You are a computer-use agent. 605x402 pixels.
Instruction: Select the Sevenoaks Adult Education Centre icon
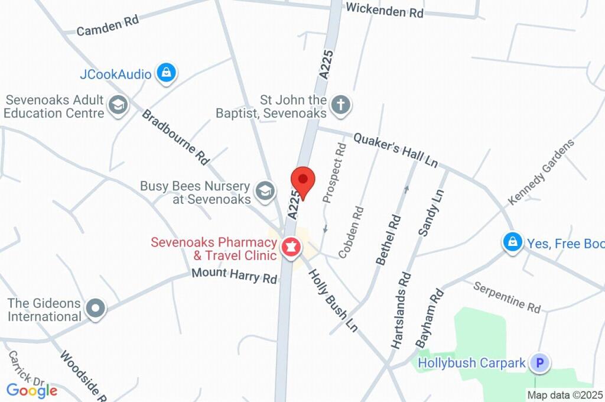click(119, 106)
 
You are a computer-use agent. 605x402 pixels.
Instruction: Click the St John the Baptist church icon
click(340, 106)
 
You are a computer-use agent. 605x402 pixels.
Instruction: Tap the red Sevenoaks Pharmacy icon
click(291, 248)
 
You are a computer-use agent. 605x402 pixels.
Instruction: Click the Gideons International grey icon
click(95, 309)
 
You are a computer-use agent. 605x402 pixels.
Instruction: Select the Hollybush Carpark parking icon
click(539, 362)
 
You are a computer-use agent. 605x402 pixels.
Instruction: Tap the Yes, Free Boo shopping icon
click(512, 242)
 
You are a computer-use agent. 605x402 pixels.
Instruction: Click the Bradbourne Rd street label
click(175, 137)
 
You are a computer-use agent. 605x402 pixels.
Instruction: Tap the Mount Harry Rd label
click(235, 276)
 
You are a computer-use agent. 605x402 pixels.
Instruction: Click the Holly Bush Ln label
click(334, 300)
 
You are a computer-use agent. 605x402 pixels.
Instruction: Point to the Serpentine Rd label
click(507, 296)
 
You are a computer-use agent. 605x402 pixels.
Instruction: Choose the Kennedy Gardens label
click(541, 172)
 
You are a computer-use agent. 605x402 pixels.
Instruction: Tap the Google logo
click(32, 390)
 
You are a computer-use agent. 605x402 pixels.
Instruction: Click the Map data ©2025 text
click(564, 395)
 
